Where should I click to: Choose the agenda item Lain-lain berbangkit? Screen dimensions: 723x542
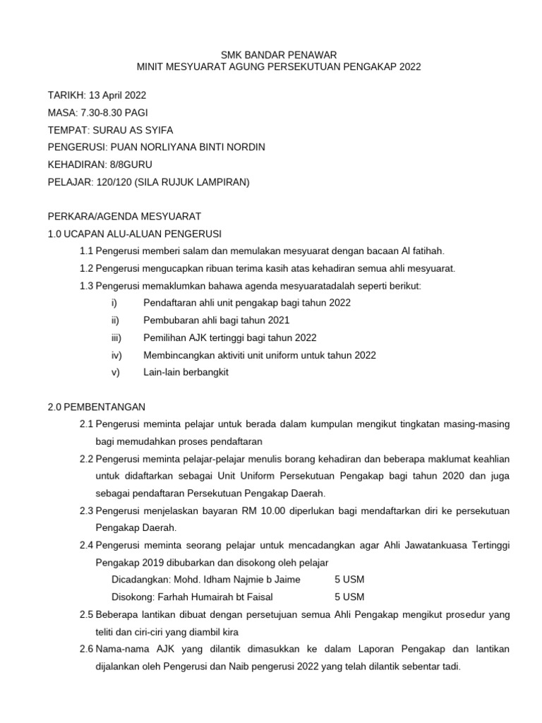point(186,372)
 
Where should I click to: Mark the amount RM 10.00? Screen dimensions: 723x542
point(261,510)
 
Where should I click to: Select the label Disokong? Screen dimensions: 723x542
point(128,597)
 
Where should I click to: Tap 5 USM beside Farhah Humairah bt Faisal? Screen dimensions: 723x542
point(349,597)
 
